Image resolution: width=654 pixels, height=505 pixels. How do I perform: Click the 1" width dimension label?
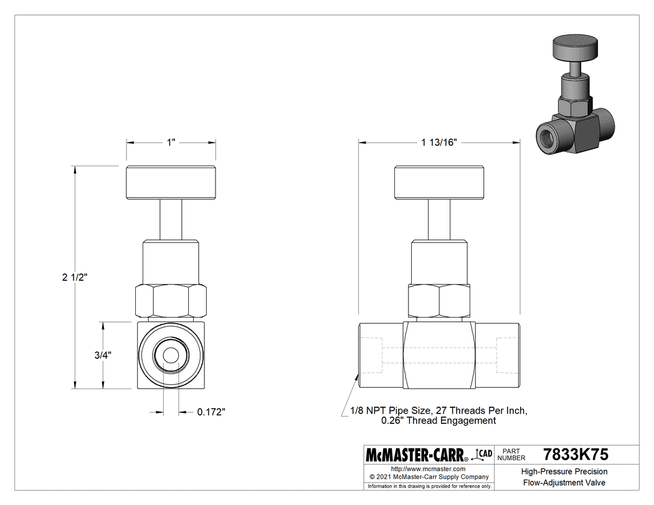coord(171,143)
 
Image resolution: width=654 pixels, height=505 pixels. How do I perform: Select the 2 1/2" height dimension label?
coord(75,277)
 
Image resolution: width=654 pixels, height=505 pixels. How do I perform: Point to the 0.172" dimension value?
coord(211,412)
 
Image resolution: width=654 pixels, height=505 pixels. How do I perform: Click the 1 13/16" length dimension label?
coord(439,143)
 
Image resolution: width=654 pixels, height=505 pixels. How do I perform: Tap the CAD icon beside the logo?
coord(483,454)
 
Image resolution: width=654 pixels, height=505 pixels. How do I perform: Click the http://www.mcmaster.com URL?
coord(428,468)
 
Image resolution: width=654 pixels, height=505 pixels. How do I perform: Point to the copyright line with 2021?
coord(429,477)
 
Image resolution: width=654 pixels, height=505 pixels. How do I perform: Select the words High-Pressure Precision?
coord(564,471)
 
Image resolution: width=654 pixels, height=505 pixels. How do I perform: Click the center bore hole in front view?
coord(171,356)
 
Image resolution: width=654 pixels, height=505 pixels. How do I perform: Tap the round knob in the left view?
coord(171,183)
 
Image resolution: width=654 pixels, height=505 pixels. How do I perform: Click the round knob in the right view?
coord(438,183)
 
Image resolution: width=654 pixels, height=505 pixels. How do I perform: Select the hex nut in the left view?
coord(171,301)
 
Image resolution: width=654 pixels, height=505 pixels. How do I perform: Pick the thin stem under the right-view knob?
coord(438,220)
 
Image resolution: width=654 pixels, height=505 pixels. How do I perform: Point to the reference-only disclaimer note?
coord(429,486)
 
